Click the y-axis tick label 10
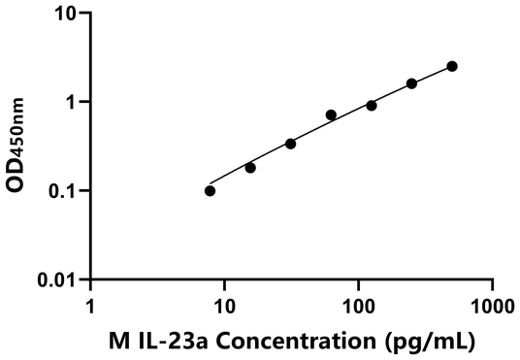(x=65, y=15)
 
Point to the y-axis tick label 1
(x=72, y=103)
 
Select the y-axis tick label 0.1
(x=62, y=191)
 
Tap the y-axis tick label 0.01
(x=56, y=280)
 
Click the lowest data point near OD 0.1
(x=211, y=190)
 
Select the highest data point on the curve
(x=452, y=66)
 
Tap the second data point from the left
(x=250, y=168)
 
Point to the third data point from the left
(x=290, y=144)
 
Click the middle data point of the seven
(x=331, y=115)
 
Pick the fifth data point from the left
(x=372, y=105)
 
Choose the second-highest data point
(x=411, y=83)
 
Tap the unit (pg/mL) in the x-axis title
(x=428, y=341)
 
